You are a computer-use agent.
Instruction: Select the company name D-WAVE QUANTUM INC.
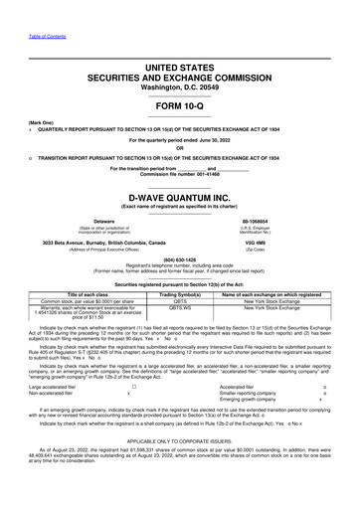pos(179,196)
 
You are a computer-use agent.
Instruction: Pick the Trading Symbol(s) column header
pos(180,294)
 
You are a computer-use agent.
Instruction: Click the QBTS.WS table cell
pos(180,309)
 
